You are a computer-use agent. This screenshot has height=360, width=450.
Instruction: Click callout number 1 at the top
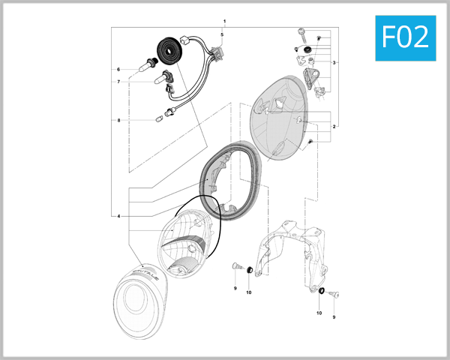(223, 20)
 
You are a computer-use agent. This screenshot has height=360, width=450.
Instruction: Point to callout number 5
(222, 35)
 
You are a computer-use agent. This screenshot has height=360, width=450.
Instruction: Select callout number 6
(118, 69)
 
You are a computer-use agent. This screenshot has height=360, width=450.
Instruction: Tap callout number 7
(118, 82)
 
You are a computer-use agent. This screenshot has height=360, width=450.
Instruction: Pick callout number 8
(118, 120)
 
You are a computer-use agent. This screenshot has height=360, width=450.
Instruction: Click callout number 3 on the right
(334, 62)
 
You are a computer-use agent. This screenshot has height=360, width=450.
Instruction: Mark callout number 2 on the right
(334, 126)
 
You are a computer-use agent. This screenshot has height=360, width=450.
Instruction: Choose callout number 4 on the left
(118, 216)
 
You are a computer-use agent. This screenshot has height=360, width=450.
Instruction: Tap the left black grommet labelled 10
(248, 268)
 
